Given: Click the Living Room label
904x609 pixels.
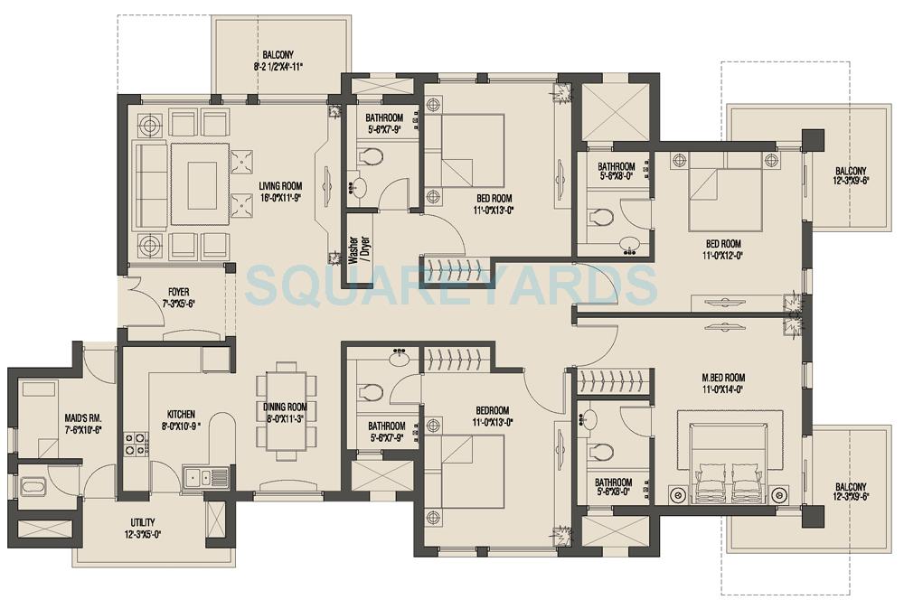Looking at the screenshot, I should point(279,185).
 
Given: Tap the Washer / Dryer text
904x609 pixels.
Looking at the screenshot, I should point(353,247).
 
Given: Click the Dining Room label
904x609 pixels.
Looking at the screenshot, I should point(285,407).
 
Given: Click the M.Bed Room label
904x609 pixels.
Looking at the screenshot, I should point(723,377).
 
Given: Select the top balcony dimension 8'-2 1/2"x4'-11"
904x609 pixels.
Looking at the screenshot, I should point(278,66).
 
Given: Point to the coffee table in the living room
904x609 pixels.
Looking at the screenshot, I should point(202,180).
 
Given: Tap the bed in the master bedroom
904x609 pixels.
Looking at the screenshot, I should point(730,456).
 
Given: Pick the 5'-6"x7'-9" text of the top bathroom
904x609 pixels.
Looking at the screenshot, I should point(384,130).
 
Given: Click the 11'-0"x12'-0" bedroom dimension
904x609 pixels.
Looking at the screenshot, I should point(723,256).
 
